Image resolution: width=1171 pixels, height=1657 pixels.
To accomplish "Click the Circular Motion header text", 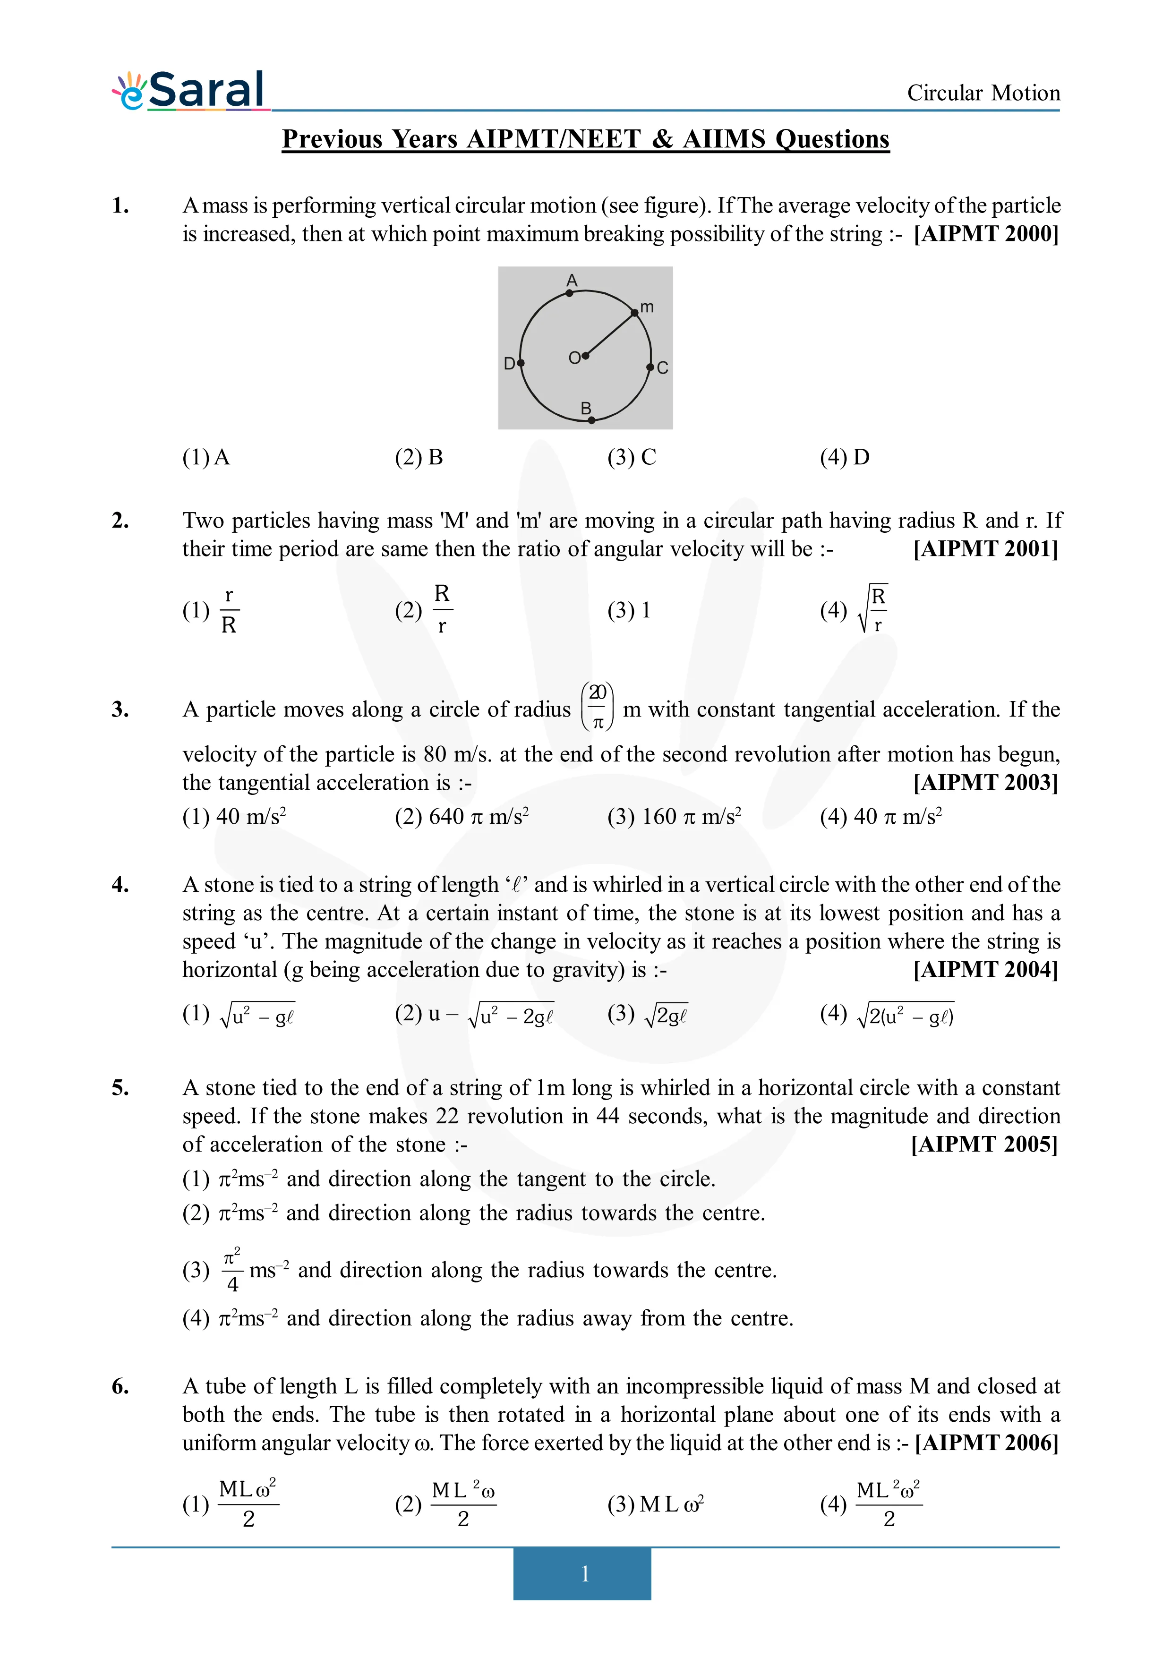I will (x=983, y=93).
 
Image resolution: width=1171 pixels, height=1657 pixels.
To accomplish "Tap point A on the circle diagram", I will (x=569, y=293).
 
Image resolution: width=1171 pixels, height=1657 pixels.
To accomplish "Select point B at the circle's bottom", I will (x=591, y=420).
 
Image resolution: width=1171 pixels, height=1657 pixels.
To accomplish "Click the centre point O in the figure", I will (x=585, y=356).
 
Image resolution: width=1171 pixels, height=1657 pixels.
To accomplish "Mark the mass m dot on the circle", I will (x=634, y=313).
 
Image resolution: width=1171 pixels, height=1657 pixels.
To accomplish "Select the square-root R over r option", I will (x=872, y=610).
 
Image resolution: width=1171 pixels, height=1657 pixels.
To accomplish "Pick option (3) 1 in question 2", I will (x=629, y=611).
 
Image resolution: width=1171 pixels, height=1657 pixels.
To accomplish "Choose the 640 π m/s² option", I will (x=462, y=816).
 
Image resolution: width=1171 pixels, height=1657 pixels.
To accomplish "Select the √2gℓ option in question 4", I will (x=648, y=1015).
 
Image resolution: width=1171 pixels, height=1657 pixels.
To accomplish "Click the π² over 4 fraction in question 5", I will (x=231, y=1270).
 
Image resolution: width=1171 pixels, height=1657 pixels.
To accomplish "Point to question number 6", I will (x=120, y=1386).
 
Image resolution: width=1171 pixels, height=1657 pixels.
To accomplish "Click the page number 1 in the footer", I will (x=584, y=1573).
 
